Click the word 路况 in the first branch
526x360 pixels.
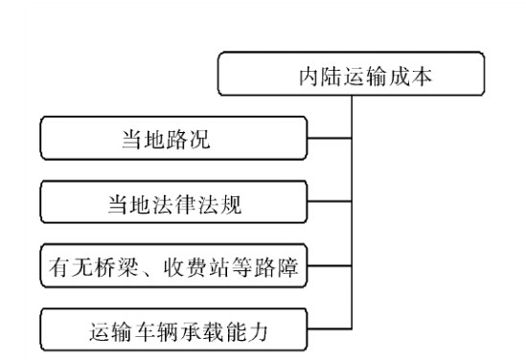tap(191, 140)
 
